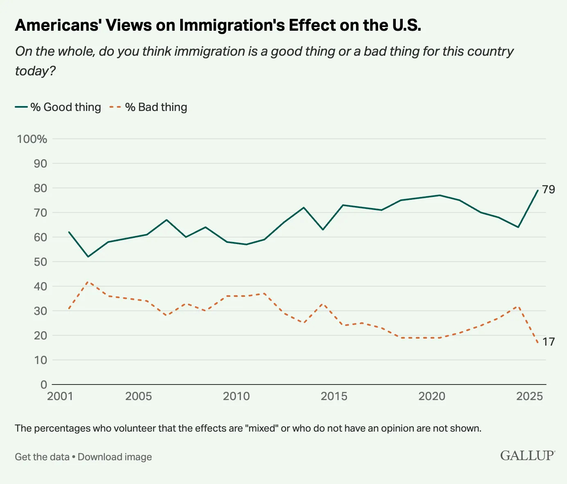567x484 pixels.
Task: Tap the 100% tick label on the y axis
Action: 32,139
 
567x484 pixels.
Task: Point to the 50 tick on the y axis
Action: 40,262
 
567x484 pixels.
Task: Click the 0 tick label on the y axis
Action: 43,384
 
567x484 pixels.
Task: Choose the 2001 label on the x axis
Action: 60,396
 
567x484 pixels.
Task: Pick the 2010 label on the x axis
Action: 236,396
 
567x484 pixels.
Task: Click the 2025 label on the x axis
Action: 529,396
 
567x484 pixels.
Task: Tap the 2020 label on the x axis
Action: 432,396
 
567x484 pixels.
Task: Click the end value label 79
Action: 549,190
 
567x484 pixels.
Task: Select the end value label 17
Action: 549,342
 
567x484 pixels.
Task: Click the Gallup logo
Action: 528,455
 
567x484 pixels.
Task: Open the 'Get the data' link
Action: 42,457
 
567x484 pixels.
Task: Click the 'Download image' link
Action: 115,457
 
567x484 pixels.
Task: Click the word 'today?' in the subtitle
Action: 35,71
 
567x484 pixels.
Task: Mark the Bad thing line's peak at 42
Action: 88,282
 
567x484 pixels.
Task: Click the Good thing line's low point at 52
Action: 88,257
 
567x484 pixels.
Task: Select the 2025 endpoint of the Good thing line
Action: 538,190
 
